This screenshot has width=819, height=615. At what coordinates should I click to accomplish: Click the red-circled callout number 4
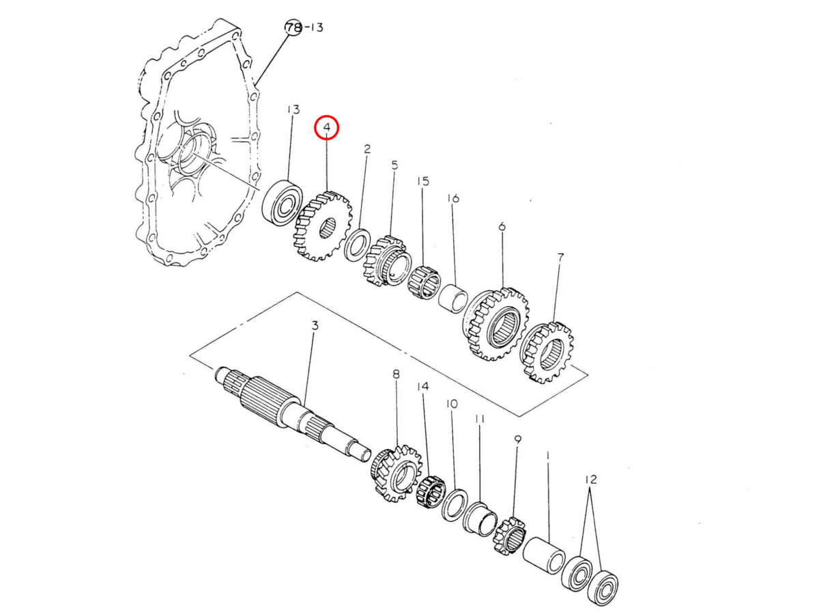point(326,128)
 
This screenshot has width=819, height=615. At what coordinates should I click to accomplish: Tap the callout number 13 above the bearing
point(293,109)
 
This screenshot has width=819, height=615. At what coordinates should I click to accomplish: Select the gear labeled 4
point(322,225)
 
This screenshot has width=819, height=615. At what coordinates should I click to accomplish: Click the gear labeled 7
point(547,353)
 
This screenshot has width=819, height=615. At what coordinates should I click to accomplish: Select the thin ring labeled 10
point(455,505)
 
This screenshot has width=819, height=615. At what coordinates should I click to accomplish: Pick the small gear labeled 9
point(509,536)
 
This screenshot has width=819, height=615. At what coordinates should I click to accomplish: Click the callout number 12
point(590,480)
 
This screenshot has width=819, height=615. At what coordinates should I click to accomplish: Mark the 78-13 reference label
point(303,27)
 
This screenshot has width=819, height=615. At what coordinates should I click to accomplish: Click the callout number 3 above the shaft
point(315,326)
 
